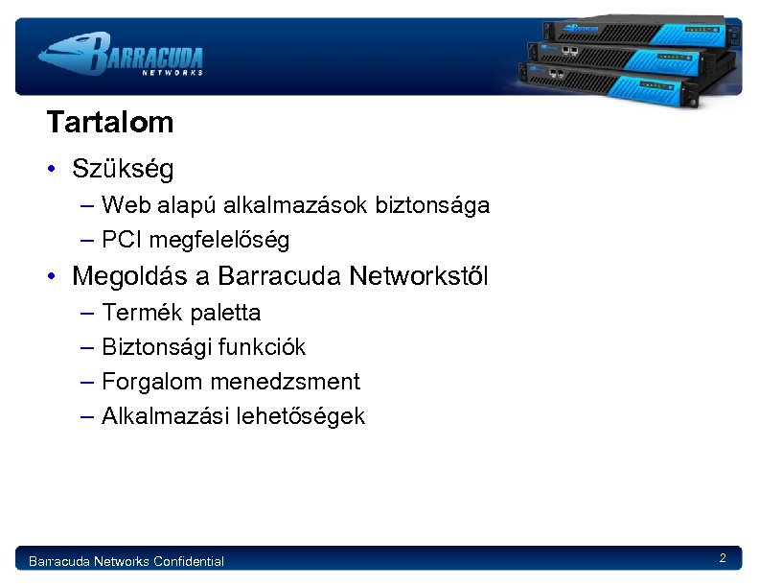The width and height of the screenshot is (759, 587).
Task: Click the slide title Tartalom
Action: (x=109, y=123)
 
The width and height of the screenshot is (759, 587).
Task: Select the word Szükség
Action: (x=123, y=171)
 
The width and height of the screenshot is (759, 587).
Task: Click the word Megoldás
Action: (x=130, y=277)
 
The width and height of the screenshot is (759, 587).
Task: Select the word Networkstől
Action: (x=419, y=277)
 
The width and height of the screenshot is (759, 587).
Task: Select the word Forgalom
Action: (x=152, y=382)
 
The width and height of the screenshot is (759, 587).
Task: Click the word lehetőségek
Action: (x=307, y=416)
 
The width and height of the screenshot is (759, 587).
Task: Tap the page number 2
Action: (x=723, y=558)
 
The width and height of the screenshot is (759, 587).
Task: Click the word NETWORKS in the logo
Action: (x=172, y=72)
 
